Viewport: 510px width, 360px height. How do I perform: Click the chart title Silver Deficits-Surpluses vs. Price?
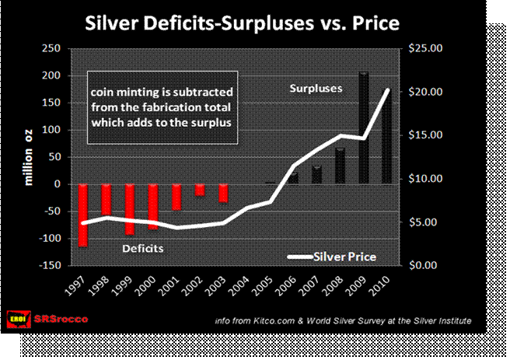tap(240, 23)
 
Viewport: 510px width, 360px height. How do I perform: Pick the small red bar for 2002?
tap(200, 190)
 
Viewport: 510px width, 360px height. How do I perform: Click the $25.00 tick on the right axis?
tap(425, 48)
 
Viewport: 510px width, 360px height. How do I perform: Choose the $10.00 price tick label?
tap(425, 179)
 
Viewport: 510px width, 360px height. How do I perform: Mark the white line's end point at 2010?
tap(387, 90)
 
